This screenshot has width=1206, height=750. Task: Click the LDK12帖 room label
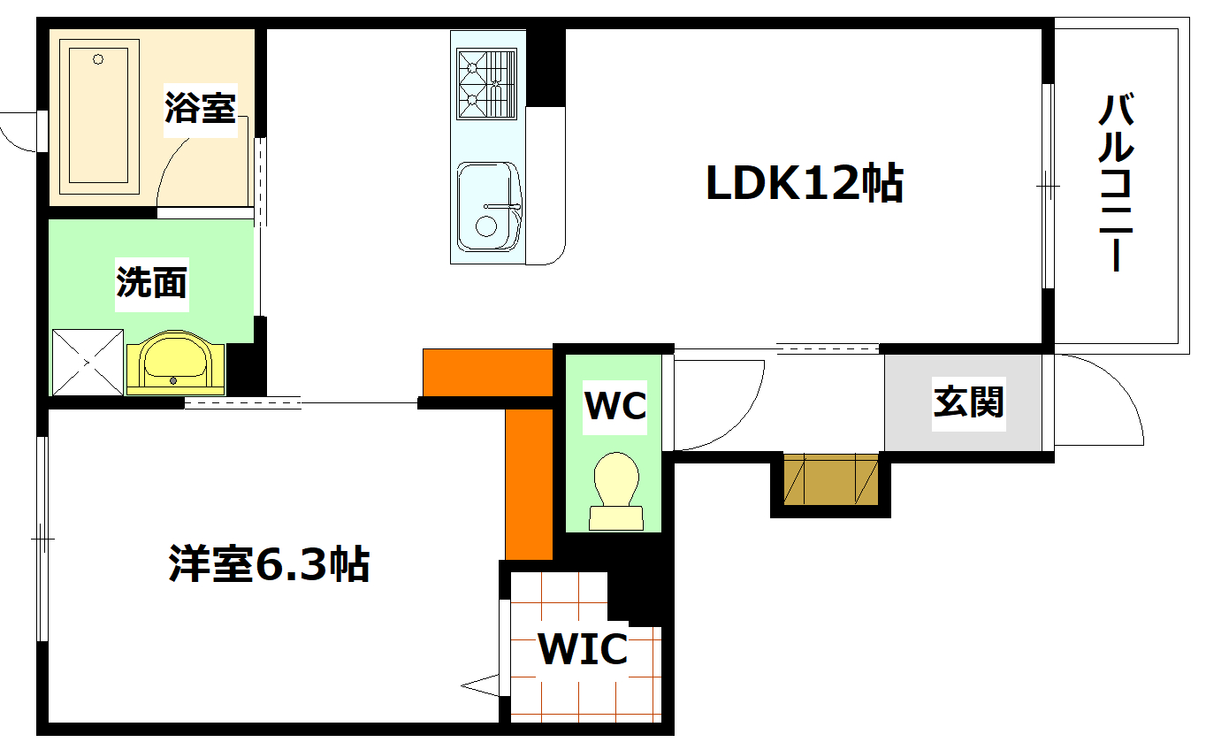803,184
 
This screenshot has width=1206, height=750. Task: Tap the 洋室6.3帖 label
269,563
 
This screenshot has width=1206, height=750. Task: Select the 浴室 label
201,108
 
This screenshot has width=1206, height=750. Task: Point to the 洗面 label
152,282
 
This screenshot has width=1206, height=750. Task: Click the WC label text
615,406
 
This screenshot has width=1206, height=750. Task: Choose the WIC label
584,650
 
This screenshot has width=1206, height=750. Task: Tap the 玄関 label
969,402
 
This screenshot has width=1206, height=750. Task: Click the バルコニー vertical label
1116,184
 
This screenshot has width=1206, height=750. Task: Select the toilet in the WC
617,492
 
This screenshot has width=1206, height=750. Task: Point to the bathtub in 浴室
99,117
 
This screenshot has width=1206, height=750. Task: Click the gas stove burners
485,84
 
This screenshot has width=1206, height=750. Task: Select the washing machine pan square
88,362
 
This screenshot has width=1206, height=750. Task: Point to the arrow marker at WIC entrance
479,684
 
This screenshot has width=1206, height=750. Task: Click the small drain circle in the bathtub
98,60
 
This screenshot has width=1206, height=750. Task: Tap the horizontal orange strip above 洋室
487,372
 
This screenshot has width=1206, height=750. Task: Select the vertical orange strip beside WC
529,483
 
